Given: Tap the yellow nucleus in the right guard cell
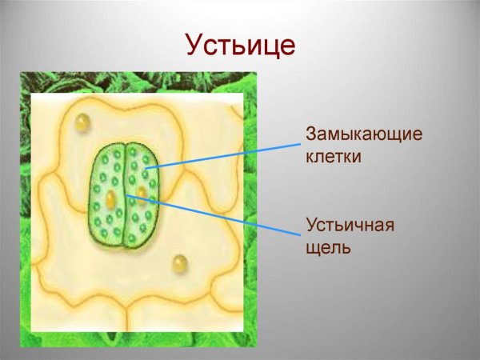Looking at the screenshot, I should click(x=142, y=193).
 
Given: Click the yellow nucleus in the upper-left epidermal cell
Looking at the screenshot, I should click(x=82, y=122).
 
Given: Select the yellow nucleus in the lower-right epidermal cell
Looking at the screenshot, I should click(x=180, y=262).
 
